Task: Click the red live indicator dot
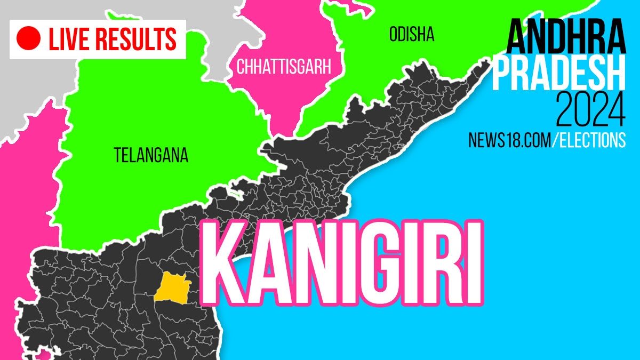pos(29,39)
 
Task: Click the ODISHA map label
pos(411,36)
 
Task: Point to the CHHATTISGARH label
pos(284,67)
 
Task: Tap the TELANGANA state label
pos(151,155)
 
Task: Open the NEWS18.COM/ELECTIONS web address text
pos(547,140)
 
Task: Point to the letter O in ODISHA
pos(394,36)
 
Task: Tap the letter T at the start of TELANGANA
pos(117,155)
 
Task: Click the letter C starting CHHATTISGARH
pos(241,67)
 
